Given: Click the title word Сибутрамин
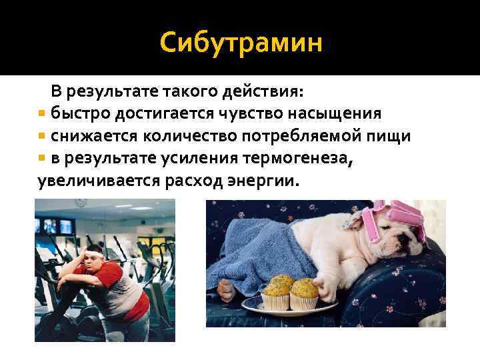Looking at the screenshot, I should point(241,43).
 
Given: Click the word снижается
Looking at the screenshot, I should point(92,136).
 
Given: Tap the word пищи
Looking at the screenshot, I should point(392,136).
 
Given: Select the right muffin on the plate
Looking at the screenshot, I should point(305,292).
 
